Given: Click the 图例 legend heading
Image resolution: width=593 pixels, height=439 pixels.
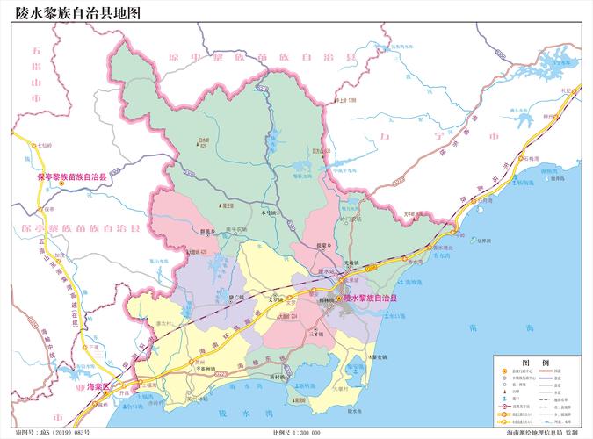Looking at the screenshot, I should click(535, 362).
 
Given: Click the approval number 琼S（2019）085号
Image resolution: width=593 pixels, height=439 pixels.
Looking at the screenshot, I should click(52, 433).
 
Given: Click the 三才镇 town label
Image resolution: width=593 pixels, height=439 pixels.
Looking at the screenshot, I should click(315, 335).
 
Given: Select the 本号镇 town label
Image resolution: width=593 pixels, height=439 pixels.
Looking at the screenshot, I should click(271, 213).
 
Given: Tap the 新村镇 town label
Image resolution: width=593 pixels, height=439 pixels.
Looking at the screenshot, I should click(278, 376).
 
